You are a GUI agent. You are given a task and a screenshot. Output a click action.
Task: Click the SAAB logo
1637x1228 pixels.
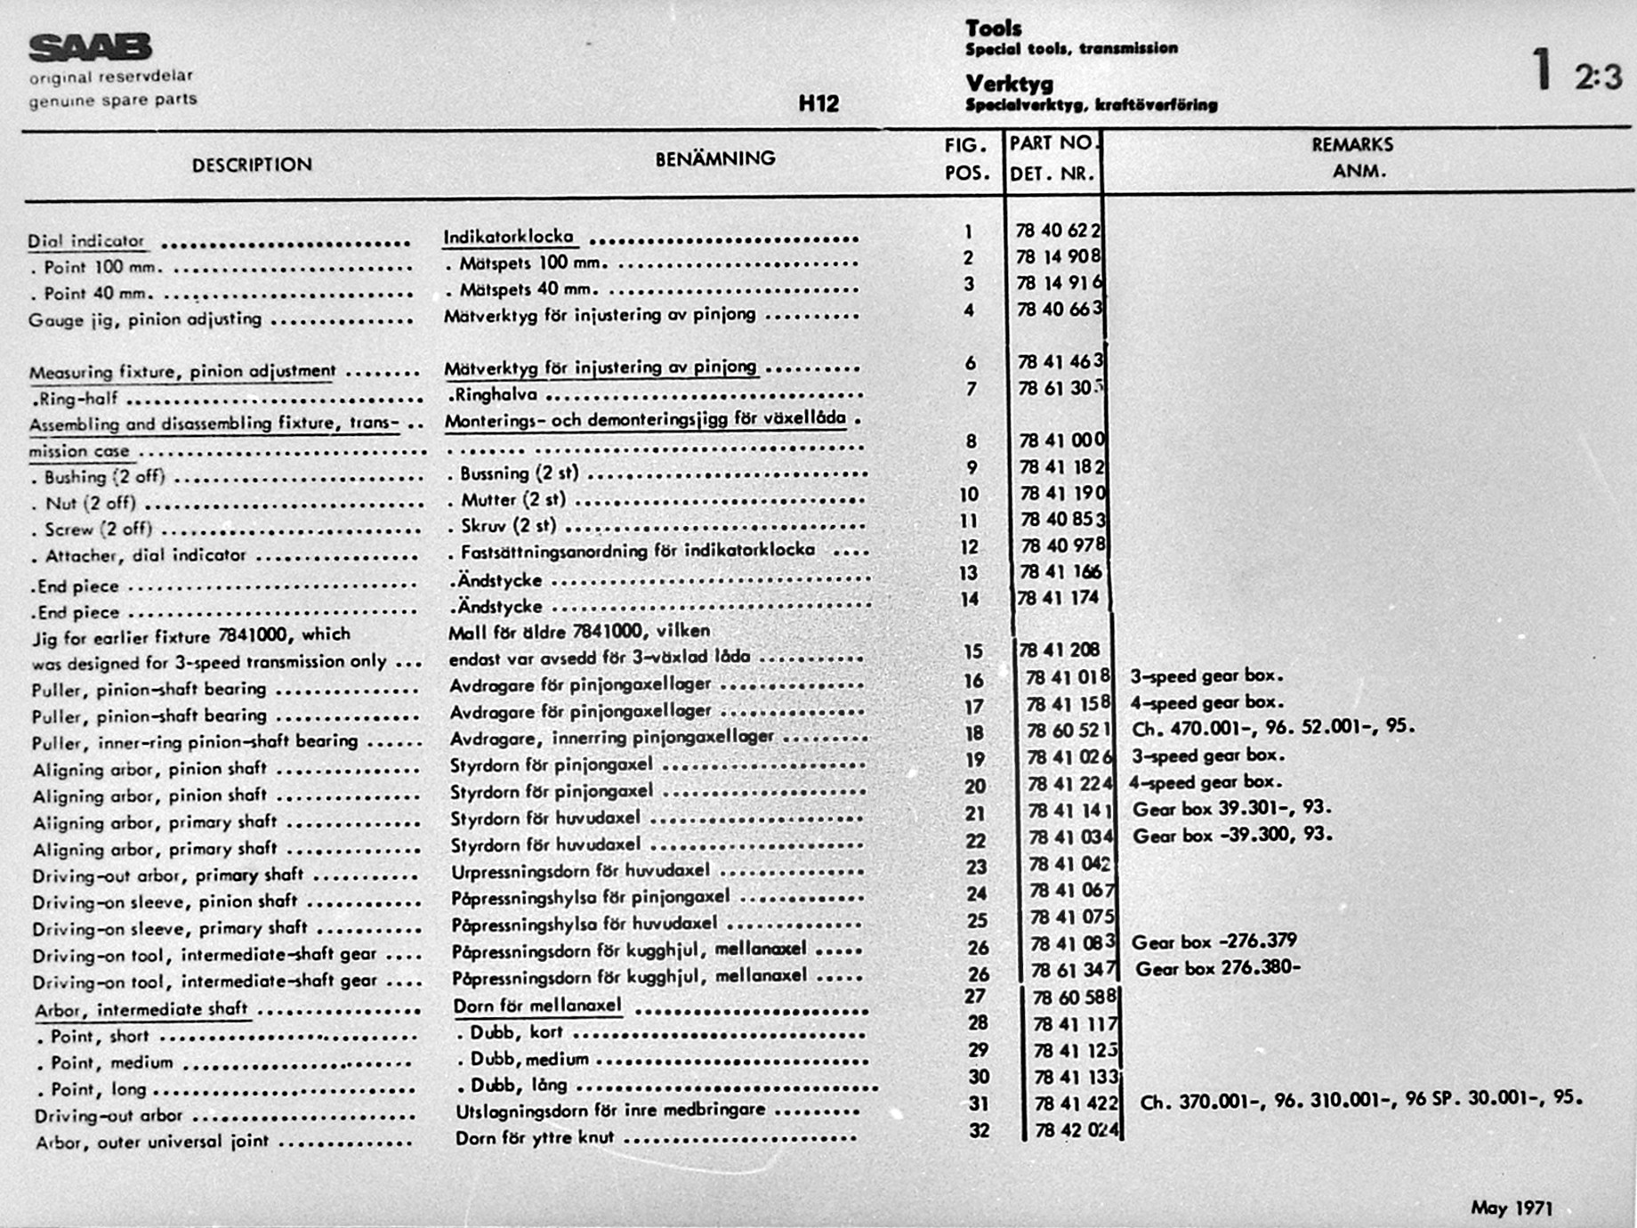click(x=90, y=47)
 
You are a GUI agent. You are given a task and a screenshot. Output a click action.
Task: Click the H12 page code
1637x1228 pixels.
click(x=818, y=104)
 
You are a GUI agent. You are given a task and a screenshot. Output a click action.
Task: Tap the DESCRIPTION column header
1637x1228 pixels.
click(x=252, y=165)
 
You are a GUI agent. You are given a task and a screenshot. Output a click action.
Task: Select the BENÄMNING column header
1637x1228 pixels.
click(x=715, y=158)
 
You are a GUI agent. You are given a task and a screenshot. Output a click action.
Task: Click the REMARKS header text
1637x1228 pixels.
click(x=1352, y=144)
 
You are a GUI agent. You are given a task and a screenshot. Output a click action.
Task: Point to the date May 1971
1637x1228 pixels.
click(x=1512, y=1208)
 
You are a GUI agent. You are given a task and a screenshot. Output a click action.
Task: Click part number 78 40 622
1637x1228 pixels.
click(x=1058, y=230)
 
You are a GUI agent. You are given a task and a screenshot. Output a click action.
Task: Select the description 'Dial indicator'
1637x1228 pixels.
click(x=85, y=241)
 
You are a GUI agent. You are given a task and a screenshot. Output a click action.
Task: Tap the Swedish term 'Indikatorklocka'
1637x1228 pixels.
click(x=508, y=237)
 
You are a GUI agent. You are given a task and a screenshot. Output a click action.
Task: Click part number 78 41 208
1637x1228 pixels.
click(x=1060, y=650)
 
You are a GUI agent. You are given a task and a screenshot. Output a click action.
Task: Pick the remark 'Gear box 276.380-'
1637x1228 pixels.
click(x=1217, y=968)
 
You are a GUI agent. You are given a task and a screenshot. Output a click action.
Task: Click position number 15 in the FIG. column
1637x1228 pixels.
click(x=973, y=651)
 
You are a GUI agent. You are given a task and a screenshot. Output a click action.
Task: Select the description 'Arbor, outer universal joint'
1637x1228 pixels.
click(x=151, y=1142)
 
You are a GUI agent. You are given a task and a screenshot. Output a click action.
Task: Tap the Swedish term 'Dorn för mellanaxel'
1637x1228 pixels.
click(x=537, y=1006)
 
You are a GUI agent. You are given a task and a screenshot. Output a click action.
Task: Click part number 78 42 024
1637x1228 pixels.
click(x=1076, y=1130)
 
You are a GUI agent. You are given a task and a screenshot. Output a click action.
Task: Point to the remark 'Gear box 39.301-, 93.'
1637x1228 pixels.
click(x=1231, y=809)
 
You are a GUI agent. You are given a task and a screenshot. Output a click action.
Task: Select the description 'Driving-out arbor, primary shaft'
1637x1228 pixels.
click(x=167, y=876)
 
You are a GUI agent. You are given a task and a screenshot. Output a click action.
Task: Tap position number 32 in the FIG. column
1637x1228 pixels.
click(x=979, y=1130)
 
